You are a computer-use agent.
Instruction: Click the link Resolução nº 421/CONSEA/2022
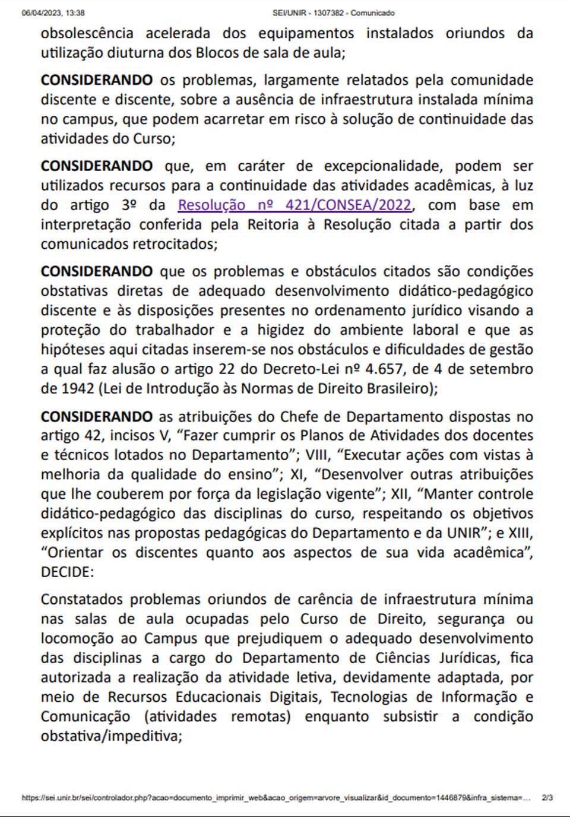click(x=294, y=205)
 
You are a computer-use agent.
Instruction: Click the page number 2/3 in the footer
click(x=547, y=798)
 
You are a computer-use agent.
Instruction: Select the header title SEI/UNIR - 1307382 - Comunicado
click(x=333, y=12)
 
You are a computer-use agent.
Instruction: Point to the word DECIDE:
click(x=67, y=572)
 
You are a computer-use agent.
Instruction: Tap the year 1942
click(x=78, y=389)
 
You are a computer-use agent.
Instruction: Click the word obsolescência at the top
click(x=87, y=33)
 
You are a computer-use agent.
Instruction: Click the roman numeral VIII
click(x=318, y=455)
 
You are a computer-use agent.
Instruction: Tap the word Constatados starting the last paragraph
click(x=82, y=600)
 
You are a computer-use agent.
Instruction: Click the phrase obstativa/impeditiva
click(x=110, y=736)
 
